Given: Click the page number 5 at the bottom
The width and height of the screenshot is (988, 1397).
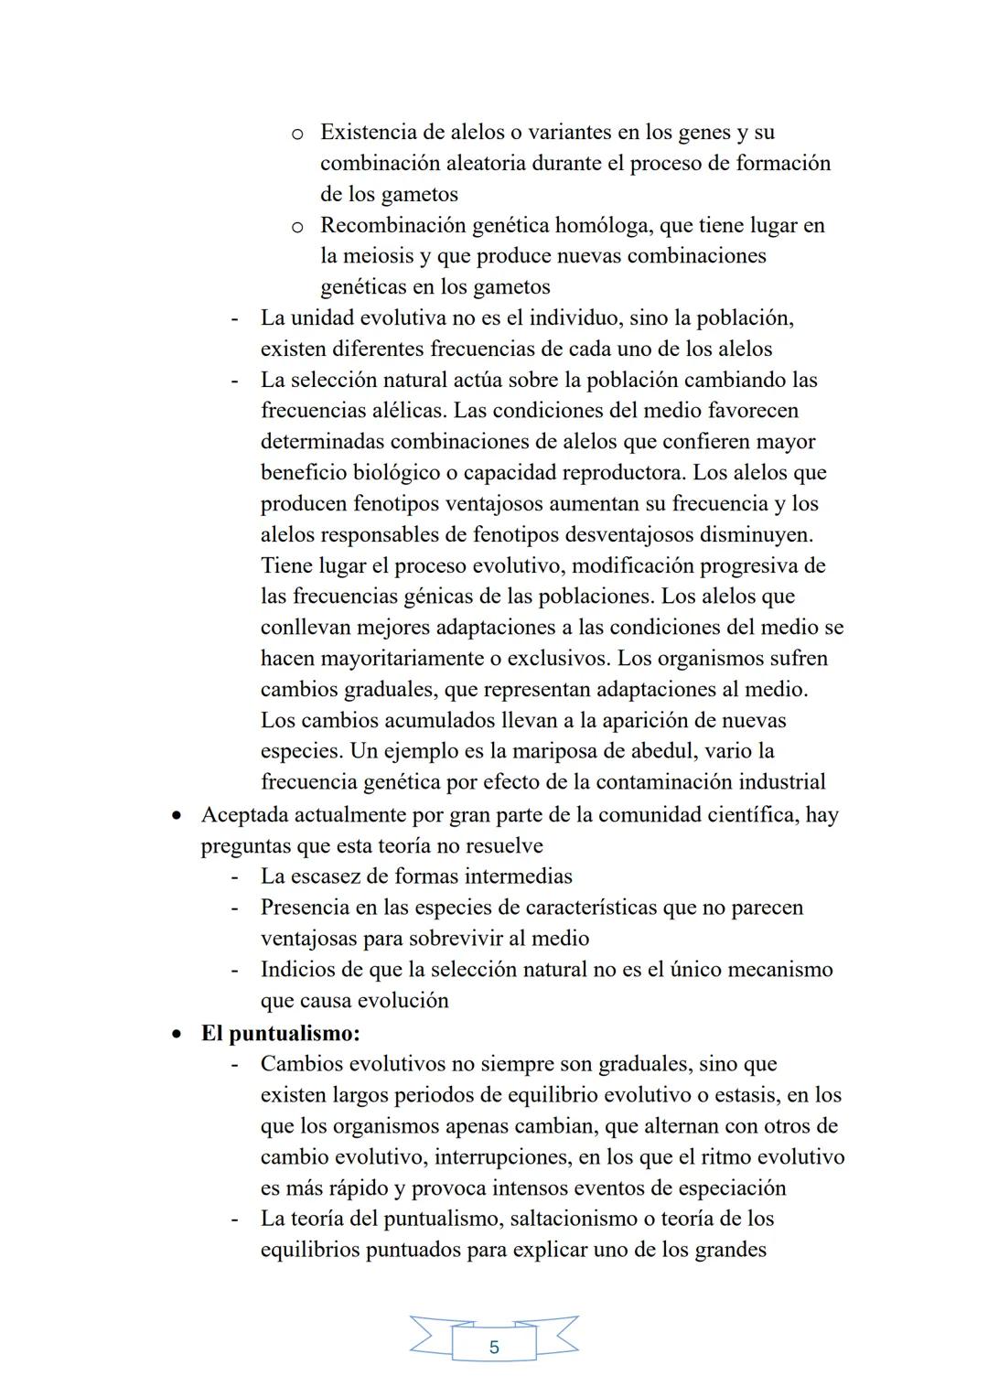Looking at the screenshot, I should pyautogui.click(x=494, y=1348).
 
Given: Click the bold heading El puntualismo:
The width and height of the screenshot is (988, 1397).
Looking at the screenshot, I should pyautogui.click(x=280, y=1033).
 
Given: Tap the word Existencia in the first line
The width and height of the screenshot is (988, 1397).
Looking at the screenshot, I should pyautogui.click(x=376, y=132).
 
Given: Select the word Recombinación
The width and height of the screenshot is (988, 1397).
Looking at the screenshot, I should pyautogui.click(x=393, y=225).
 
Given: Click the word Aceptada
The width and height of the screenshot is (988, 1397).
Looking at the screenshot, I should pyautogui.click(x=246, y=814).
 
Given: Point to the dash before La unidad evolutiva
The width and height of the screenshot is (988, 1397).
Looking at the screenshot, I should pyautogui.click(x=235, y=318).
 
